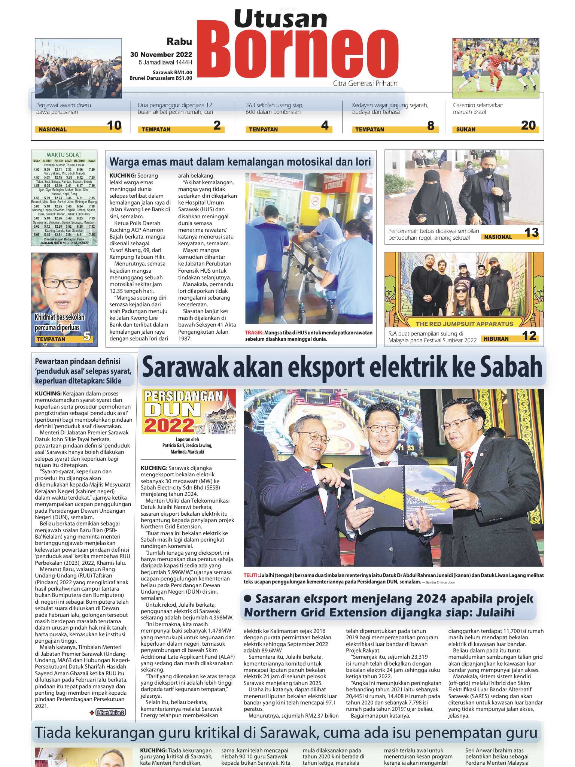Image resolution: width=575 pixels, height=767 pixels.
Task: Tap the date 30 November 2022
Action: tap(161, 55)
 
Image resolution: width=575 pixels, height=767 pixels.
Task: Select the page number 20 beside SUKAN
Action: tap(528, 125)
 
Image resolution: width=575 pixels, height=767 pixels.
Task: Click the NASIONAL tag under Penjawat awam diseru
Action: tap(53, 130)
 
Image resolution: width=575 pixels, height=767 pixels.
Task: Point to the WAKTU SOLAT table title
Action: tap(64, 155)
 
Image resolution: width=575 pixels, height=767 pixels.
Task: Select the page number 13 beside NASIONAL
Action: tap(531, 233)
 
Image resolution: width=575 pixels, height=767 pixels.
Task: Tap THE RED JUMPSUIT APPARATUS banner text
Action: tap(464, 324)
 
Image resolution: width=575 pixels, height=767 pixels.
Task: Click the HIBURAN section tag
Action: tap(496, 339)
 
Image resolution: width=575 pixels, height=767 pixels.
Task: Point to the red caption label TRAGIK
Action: tap(254, 333)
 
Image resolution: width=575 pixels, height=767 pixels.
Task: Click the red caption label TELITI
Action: tap(251, 575)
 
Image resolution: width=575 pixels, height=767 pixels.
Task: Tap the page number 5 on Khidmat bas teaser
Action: tap(87, 337)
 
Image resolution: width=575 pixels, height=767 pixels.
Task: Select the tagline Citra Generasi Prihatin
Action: tap(365, 84)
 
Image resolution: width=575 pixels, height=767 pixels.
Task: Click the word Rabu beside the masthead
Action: tap(179, 42)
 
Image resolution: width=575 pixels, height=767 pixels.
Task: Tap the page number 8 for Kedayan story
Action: tap(431, 125)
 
